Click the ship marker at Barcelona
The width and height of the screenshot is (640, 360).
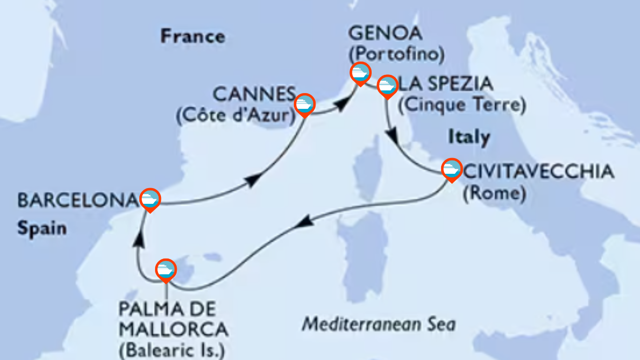pos(150,199)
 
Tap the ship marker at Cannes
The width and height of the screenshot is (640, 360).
pos(304,104)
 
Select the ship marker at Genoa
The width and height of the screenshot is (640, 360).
pos(360,73)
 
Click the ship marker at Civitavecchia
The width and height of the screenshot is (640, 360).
pos(451,169)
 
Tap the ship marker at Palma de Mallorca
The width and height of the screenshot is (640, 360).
pos(166,269)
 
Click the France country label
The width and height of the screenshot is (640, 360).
pos(193,36)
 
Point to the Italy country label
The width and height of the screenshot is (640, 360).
pos(469,137)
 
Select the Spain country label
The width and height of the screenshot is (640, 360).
pos(42,228)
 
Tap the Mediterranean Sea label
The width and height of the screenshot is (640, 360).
pos(379,325)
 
